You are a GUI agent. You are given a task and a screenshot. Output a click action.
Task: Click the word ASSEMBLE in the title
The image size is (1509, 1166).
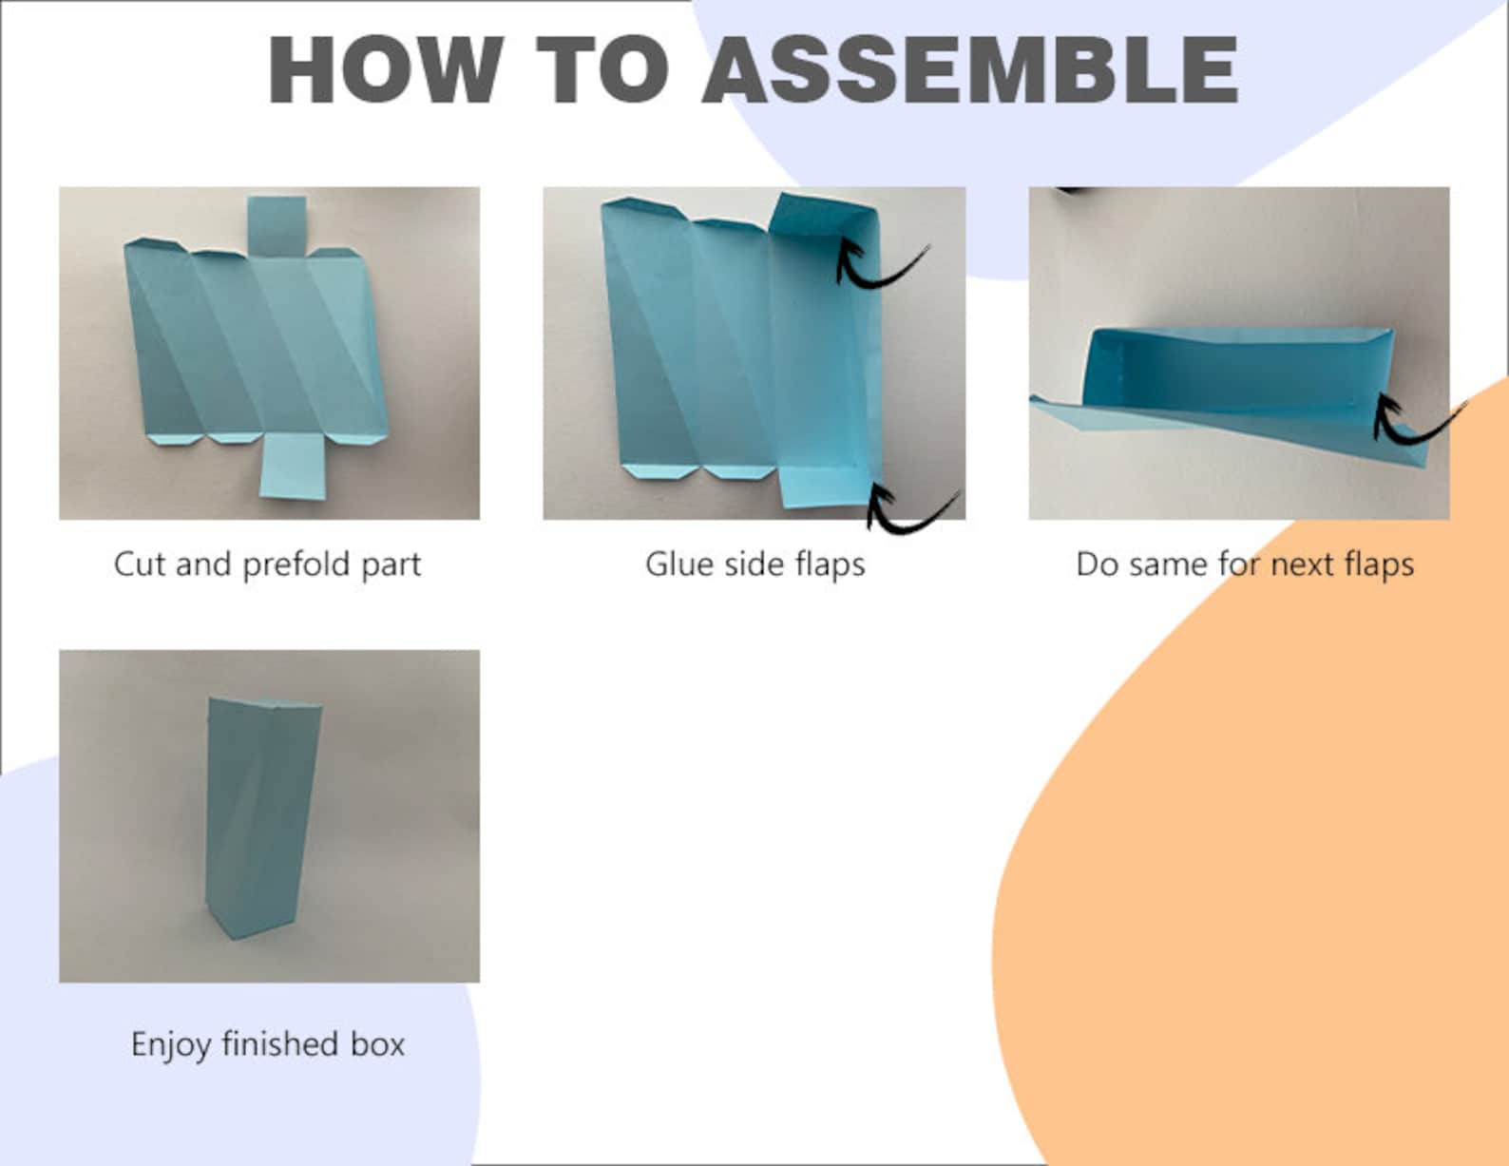970,70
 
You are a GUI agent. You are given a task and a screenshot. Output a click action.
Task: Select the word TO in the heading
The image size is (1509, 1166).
602,70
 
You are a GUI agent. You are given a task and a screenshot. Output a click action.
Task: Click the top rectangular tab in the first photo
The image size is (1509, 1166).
277,226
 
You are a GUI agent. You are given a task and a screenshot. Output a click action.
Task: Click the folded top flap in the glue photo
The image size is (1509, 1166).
824,218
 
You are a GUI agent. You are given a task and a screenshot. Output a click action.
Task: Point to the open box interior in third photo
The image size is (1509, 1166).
1226,375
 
